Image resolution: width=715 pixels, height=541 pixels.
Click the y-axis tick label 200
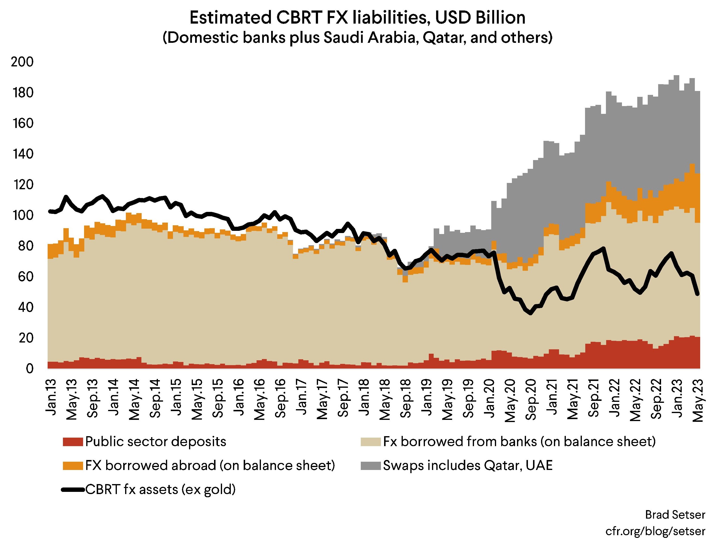(x=22, y=62)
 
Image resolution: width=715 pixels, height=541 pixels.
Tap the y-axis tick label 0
(x=29, y=369)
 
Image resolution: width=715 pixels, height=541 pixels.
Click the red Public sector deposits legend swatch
(x=73, y=442)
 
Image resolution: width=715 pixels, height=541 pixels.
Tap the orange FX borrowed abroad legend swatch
(x=73, y=466)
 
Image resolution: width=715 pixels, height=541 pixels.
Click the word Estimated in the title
(x=230, y=18)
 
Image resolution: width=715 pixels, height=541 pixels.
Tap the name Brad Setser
(x=675, y=514)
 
